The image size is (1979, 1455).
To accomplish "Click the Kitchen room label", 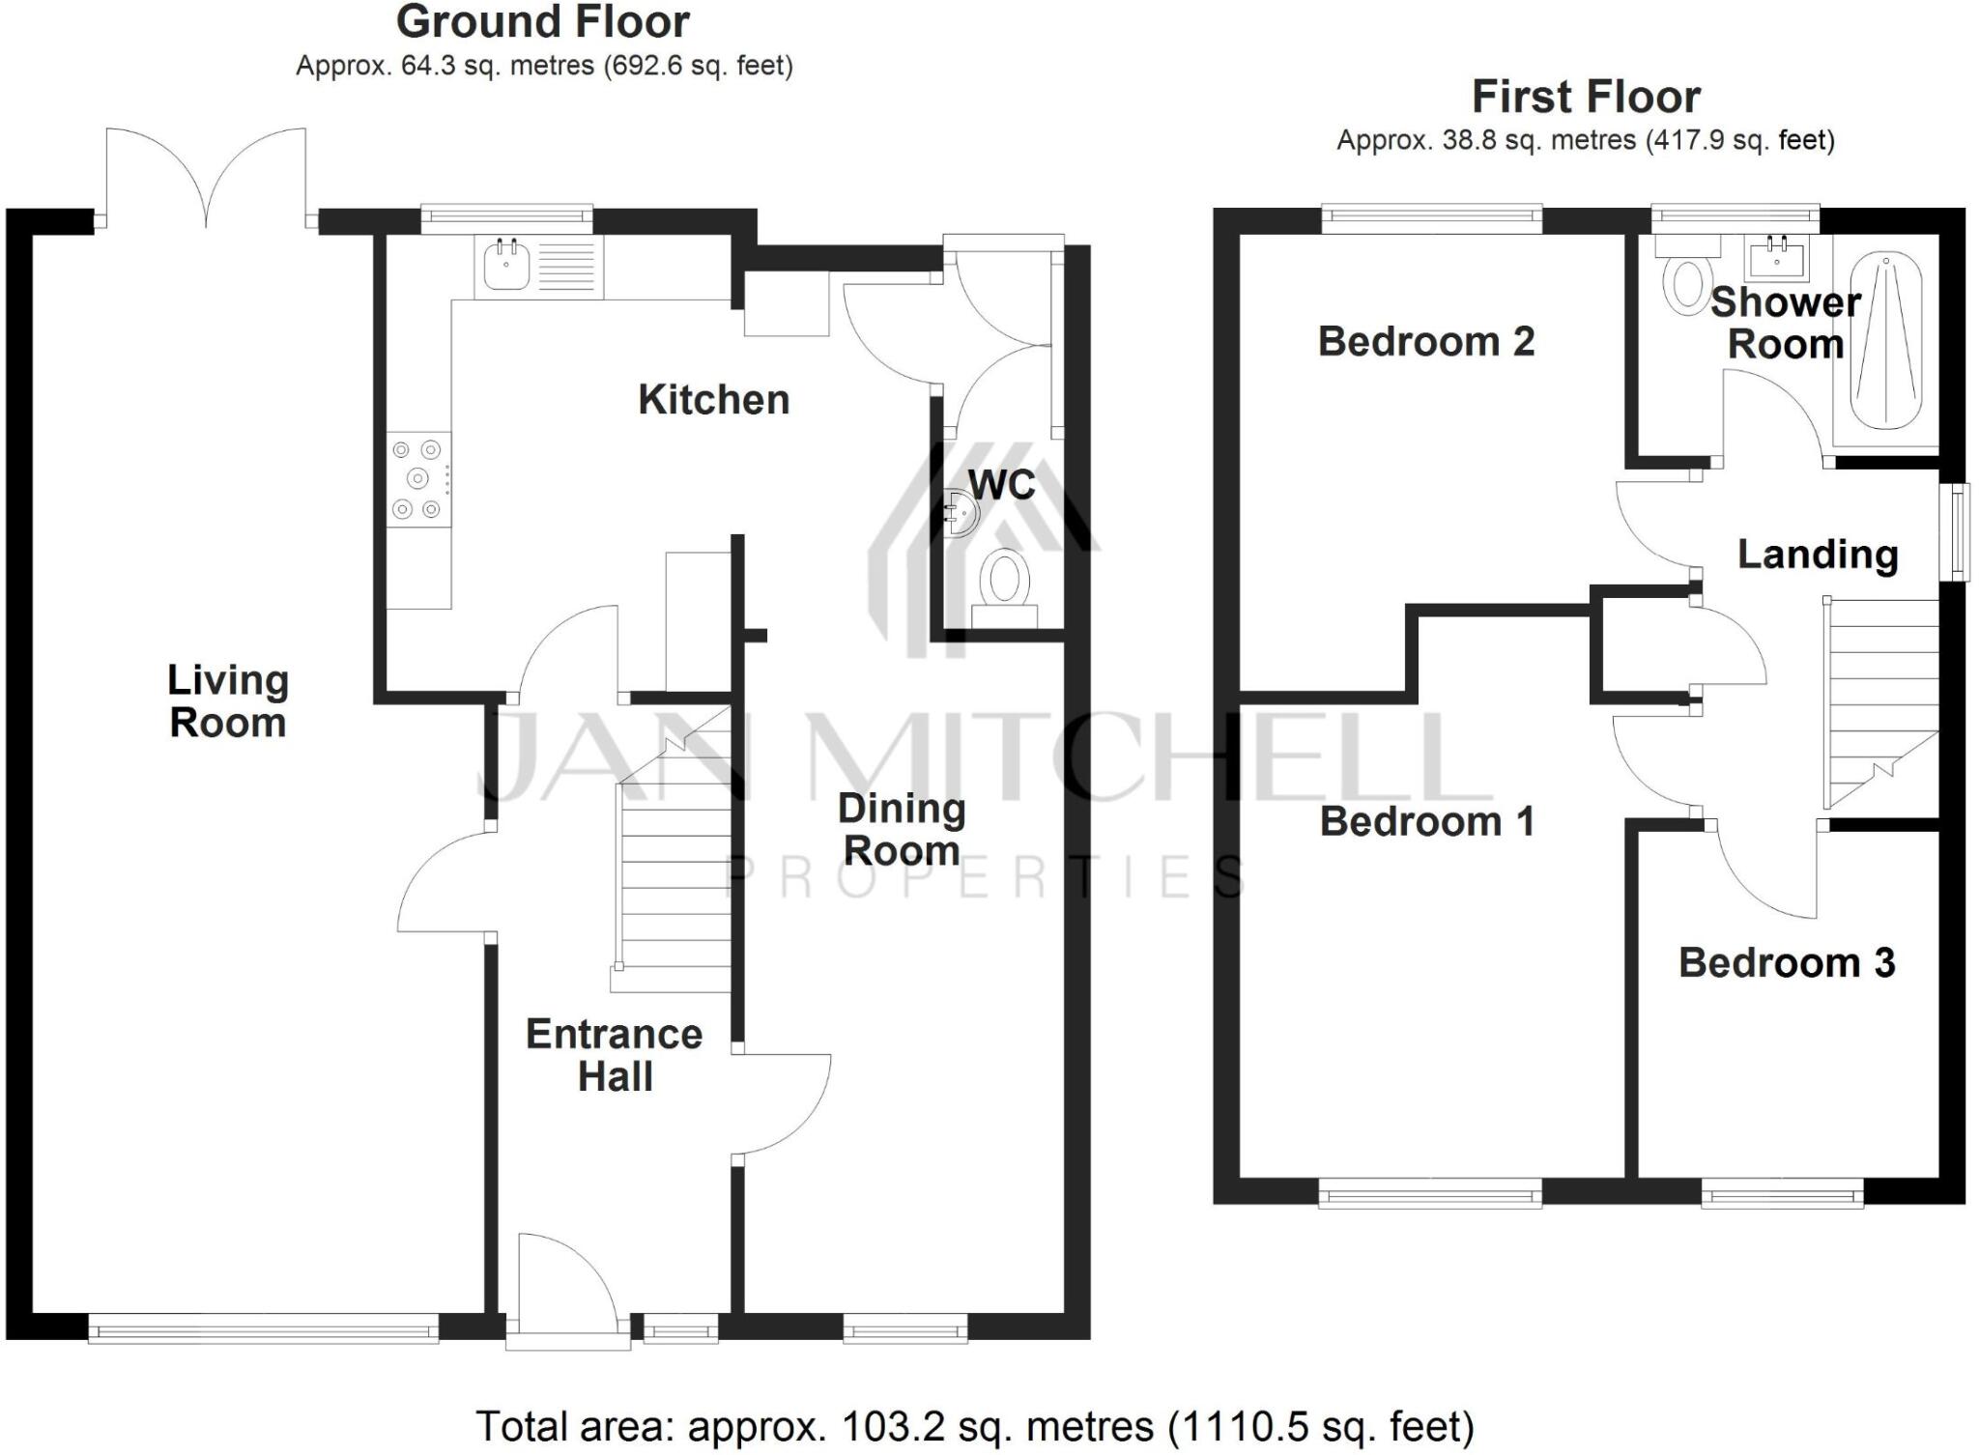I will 713,399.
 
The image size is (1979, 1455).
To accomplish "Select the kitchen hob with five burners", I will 418,478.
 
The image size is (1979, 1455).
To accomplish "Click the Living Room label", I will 228,700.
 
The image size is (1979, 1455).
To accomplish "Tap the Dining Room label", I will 902,829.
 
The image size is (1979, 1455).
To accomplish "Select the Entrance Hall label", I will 615,1055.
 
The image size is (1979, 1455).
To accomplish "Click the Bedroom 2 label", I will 1425,341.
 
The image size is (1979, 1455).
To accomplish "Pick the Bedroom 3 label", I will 1787,962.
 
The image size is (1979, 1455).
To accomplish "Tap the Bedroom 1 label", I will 1426,821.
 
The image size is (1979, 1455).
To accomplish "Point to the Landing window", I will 1958,530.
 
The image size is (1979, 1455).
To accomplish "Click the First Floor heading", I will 1586,97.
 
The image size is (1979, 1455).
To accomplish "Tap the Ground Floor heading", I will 543,21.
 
